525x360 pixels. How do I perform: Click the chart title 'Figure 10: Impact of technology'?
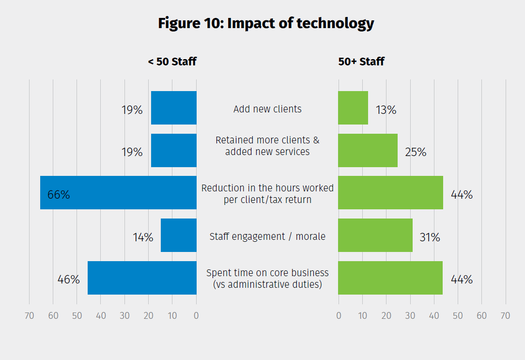point(266,23)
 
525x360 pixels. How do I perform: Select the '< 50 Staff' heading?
point(172,62)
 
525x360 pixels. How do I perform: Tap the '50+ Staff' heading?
point(361,62)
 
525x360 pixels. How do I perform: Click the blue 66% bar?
point(118,193)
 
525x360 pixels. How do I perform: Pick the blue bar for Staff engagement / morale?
point(179,235)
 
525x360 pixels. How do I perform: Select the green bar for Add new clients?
point(353,108)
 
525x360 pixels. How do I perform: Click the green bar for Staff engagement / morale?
point(375,235)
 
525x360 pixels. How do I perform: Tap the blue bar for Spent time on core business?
point(142,278)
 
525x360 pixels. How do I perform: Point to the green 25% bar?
point(368,151)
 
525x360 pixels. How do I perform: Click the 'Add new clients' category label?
point(267,109)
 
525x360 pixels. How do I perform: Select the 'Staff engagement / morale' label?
point(267,236)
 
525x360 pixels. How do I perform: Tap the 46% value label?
point(68,280)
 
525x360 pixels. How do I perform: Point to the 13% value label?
point(386,110)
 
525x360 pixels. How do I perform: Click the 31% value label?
point(430,237)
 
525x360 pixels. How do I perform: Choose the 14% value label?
point(143,237)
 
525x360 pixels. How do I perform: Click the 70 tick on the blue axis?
point(29,316)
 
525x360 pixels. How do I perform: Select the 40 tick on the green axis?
point(434,316)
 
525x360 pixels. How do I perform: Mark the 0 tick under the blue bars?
point(196,316)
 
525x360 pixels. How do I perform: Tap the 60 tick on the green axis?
point(481,316)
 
